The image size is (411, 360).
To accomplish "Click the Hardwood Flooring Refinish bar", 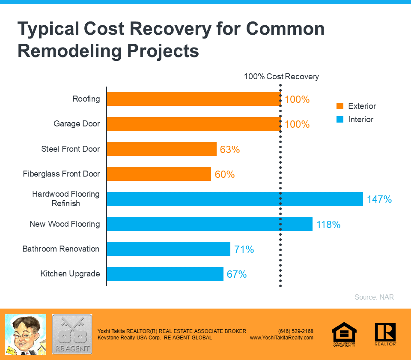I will (235, 199).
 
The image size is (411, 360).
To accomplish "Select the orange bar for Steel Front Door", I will (161, 149).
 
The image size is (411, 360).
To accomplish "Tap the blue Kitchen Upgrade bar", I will (165, 274).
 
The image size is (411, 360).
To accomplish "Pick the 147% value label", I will (379, 199).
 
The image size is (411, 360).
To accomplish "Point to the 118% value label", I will (328, 224).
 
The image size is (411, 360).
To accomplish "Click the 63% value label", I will (230, 150).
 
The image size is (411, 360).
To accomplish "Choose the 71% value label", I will (244, 249).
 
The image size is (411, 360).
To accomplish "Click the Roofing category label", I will (86, 99).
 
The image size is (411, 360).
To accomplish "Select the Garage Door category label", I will (77, 124).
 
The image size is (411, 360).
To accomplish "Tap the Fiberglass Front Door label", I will (61, 174).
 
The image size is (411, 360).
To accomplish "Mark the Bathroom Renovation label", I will (61, 249).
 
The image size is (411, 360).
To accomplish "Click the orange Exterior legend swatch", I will (340, 106).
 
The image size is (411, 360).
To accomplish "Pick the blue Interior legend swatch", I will (340, 120).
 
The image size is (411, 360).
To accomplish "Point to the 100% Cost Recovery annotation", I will (281, 77).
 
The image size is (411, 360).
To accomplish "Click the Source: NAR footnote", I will (374, 297).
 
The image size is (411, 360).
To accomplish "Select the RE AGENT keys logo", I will (72, 334).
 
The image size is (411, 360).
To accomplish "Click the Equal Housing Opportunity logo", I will (344, 334).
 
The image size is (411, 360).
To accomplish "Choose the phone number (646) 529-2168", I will (295, 331).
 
